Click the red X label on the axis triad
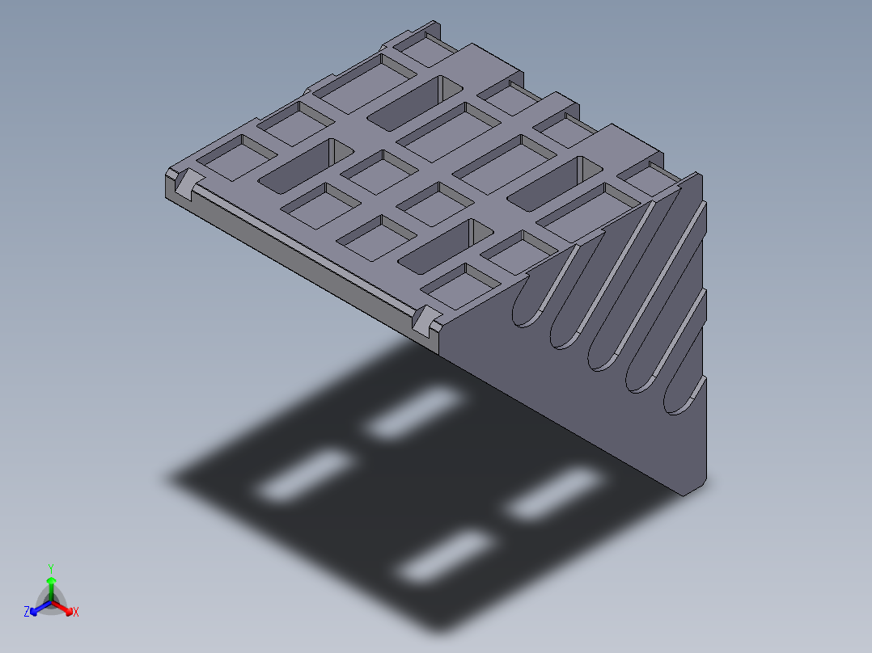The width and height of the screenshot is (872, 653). click(76, 613)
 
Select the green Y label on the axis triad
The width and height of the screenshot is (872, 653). click(51, 568)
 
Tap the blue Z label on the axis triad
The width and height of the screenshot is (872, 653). click(27, 612)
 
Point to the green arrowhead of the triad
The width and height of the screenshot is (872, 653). click(51, 580)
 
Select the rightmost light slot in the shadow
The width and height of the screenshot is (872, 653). click(557, 494)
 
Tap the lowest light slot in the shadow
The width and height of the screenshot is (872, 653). click(447, 558)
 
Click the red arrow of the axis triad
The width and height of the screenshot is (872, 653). click(63, 607)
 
